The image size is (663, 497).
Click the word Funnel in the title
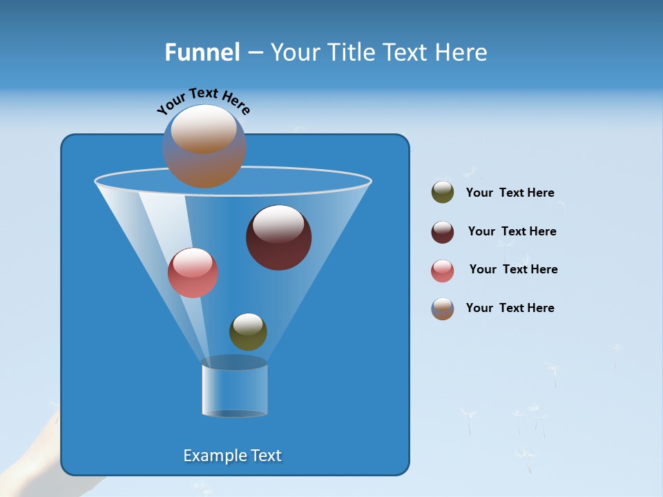point(202,52)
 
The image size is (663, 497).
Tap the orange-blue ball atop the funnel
point(204,146)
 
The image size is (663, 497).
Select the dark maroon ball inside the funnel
point(279,237)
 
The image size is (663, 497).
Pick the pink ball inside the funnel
point(193,273)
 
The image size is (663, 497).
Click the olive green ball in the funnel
point(248,331)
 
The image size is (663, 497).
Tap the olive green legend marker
point(443,193)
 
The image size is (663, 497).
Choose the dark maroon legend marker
point(443,232)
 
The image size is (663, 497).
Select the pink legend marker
point(443,271)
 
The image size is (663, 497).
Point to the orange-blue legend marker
point(443,309)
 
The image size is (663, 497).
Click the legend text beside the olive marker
point(510,193)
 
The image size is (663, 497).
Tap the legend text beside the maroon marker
point(512,231)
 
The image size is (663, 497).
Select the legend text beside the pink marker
point(513,269)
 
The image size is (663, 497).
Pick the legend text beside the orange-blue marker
point(510,308)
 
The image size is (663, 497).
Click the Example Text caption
point(232,456)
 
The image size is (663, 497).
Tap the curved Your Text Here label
point(203,101)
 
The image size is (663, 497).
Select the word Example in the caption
point(212,456)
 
